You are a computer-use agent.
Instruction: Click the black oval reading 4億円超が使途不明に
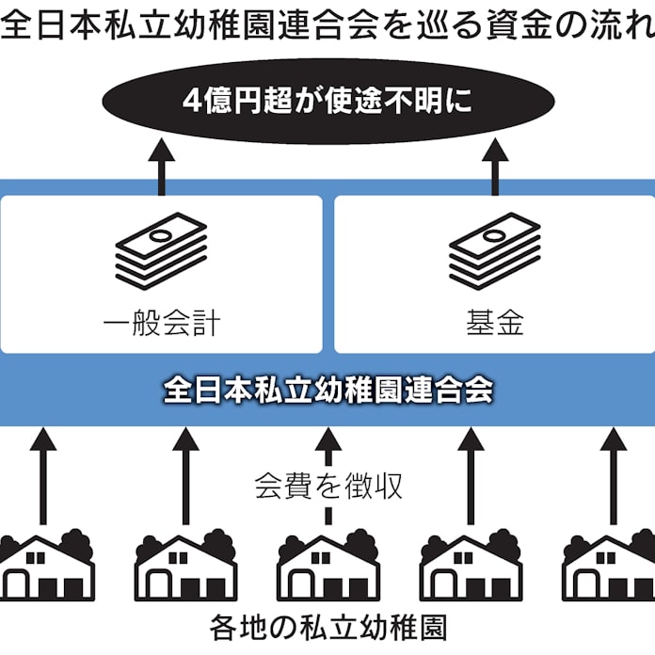coord(327,102)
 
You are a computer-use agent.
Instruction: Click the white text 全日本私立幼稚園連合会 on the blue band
coord(327,390)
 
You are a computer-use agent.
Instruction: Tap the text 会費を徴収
coord(328,486)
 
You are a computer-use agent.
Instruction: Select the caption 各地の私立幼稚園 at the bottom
coord(327,628)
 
